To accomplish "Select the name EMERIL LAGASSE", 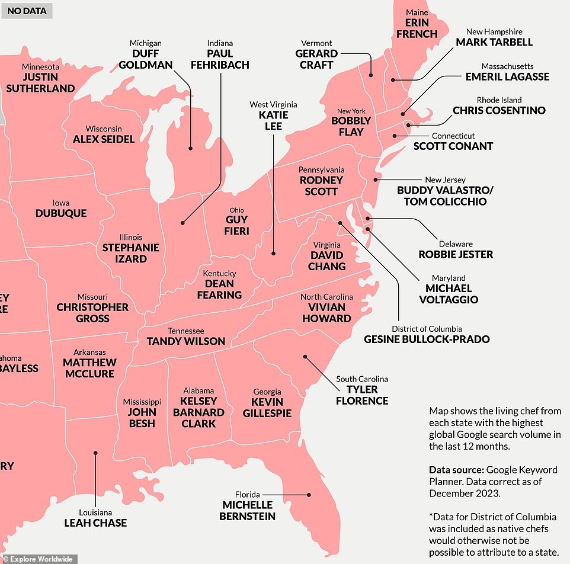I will [x=507, y=76].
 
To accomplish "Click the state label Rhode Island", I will [x=499, y=100].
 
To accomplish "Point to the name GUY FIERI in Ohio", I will [x=236, y=225].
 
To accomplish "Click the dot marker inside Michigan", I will [x=190, y=148].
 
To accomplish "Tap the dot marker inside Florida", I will [x=309, y=495].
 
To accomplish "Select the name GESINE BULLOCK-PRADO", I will [x=427, y=339].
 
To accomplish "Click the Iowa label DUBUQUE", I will [x=61, y=213].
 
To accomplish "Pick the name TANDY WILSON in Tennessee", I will [x=186, y=341].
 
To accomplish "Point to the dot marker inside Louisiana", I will [x=95, y=453].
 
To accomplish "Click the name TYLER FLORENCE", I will [x=361, y=395].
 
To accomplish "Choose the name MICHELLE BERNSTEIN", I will [x=248, y=511].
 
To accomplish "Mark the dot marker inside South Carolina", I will [x=305, y=357].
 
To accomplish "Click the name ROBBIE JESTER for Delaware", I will [x=456, y=254].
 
